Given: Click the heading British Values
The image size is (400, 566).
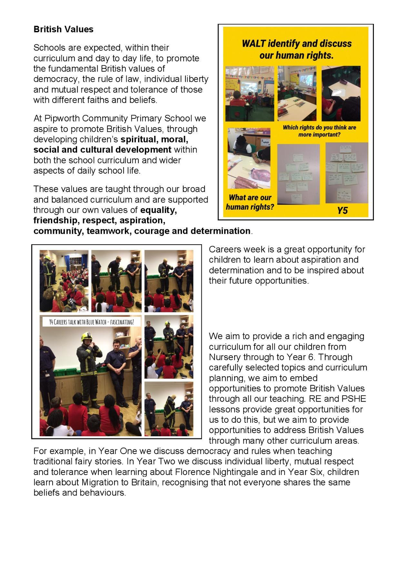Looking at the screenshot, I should pyautogui.click(x=64, y=30).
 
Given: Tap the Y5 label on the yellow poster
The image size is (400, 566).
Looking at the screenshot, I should pyautogui.click(x=343, y=211).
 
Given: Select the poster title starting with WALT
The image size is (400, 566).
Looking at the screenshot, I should pyautogui.click(x=296, y=49).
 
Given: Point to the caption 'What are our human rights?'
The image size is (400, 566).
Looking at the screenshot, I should pyautogui.click(x=250, y=202).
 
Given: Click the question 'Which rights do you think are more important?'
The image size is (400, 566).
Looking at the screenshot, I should pyautogui.click(x=319, y=131).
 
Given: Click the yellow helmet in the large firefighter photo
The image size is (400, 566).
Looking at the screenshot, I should pyautogui.click(x=86, y=337).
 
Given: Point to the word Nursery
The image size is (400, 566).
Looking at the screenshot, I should pyautogui.click(x=225, y=357).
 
